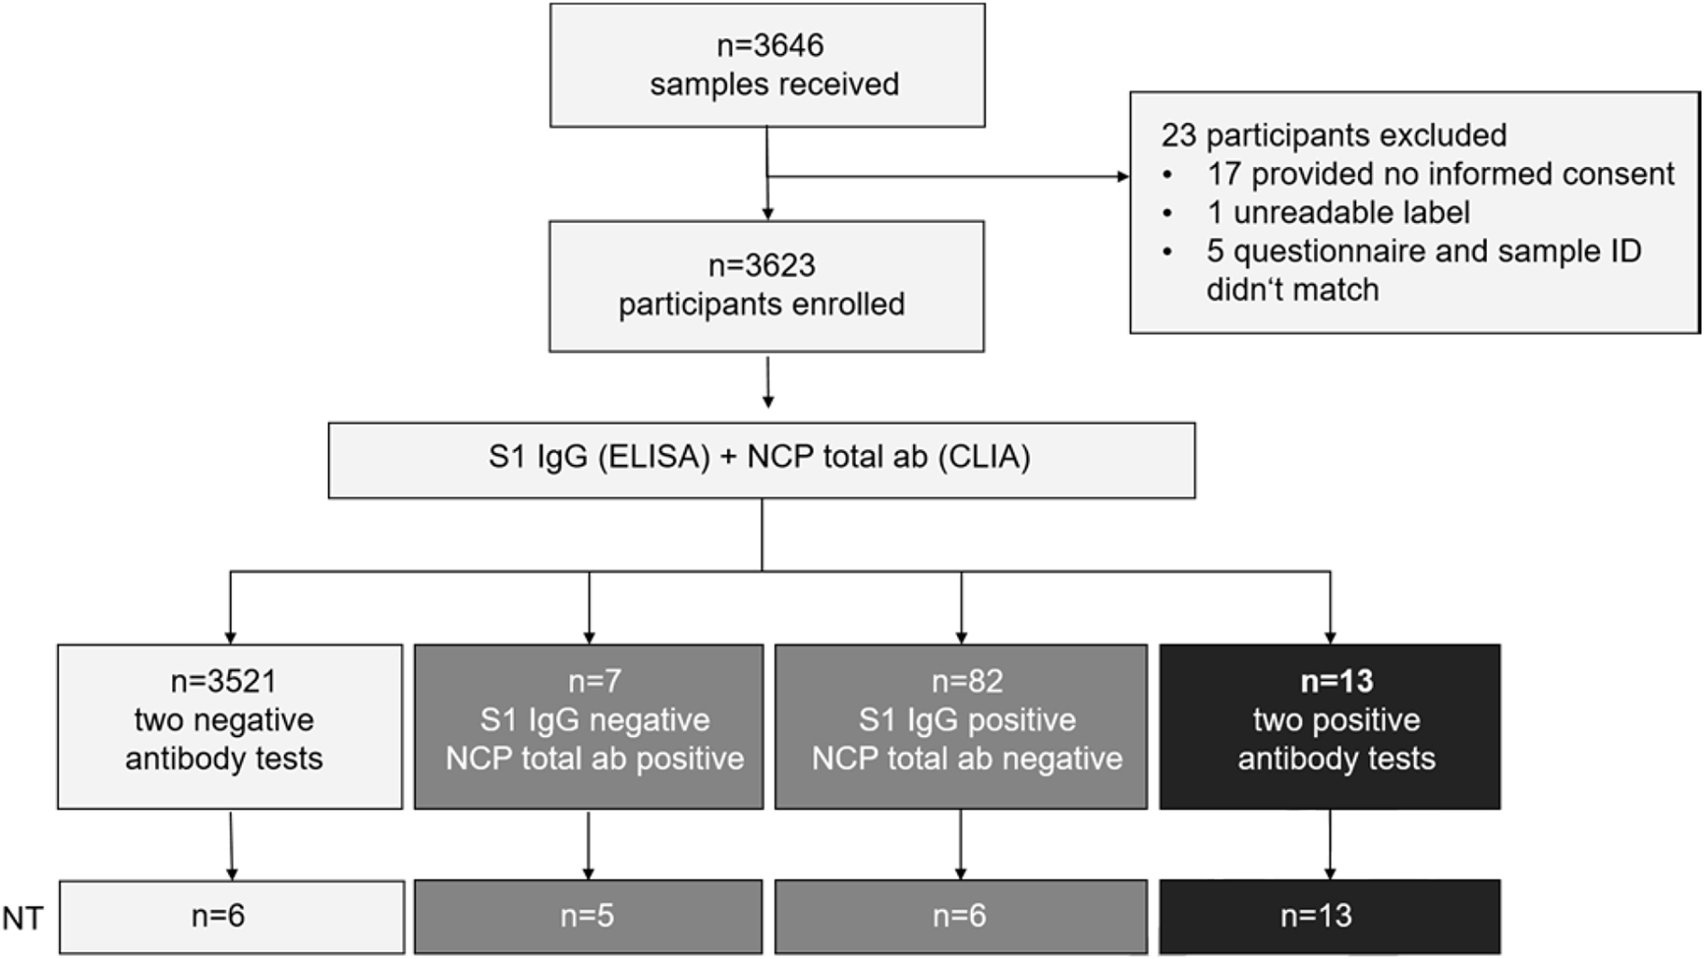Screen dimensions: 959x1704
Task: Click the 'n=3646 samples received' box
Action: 767,65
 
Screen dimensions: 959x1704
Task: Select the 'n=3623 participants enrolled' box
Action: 766,286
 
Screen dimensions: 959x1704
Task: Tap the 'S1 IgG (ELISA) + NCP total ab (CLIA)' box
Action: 761,460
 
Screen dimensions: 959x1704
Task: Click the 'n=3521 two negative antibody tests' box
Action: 229,726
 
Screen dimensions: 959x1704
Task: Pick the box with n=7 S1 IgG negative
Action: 588,726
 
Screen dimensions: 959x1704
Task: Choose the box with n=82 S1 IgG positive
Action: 960,726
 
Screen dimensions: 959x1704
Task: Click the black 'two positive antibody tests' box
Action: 1330,726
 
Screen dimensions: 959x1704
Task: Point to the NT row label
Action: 23,918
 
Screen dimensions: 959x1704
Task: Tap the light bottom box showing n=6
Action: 231,916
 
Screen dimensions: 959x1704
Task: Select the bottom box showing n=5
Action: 588,916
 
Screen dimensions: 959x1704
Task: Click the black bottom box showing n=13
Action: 1330,916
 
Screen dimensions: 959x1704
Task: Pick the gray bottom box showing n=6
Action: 960,916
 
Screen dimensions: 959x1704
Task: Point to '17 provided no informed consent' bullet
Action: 1440,174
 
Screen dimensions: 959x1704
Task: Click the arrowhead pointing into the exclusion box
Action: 1122,177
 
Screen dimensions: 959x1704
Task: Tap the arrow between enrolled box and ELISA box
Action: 767,383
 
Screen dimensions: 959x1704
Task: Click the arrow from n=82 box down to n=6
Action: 960,845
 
